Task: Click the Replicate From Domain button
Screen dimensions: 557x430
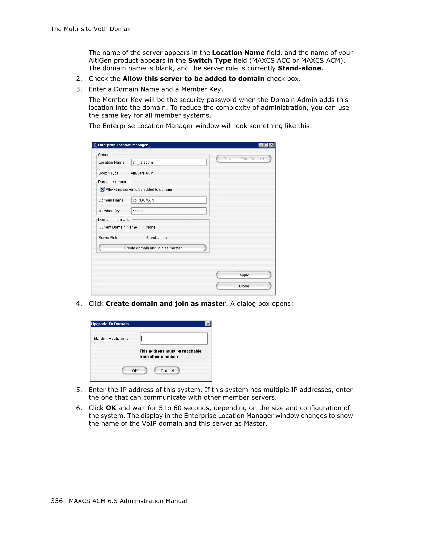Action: (244, 159)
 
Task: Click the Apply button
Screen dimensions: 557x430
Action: (244, 275)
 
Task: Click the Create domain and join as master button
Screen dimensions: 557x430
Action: (152, 248)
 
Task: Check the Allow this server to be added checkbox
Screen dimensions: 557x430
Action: (102, 189)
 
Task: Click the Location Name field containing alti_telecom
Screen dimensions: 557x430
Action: (168, 162)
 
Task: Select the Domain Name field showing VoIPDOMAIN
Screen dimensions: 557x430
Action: (168, 200)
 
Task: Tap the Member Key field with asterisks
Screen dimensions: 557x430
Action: (168, 211)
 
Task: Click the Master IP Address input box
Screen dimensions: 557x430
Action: (174, 338)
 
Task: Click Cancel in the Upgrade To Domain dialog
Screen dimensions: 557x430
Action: (167, 370)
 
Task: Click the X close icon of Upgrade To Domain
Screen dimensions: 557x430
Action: (208, 324)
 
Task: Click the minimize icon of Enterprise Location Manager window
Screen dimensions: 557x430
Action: (261, 145)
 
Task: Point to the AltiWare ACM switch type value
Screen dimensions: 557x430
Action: (142, 173)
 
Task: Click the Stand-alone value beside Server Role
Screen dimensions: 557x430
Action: (156, 238)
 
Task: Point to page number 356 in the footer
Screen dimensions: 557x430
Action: (57, 501)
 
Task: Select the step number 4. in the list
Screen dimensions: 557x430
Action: (79, 304)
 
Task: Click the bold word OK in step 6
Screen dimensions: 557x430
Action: (111, 408)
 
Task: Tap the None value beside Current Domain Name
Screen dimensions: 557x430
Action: (151, 227)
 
